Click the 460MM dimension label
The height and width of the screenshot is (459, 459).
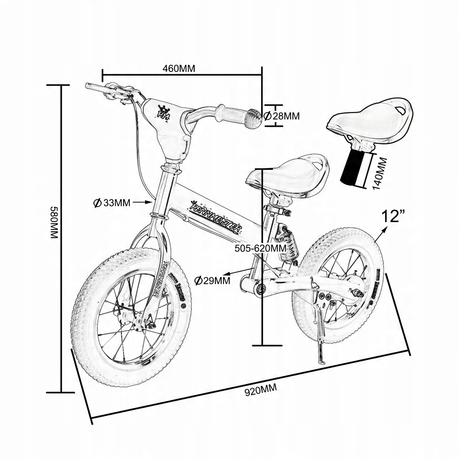[179, 69]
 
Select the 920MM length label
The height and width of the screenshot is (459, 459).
[260, 391]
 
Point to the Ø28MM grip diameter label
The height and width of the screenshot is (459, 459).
[283, 116]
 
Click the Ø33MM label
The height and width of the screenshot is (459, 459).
[112, 202]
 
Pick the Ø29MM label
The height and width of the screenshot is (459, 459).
[212, 280]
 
